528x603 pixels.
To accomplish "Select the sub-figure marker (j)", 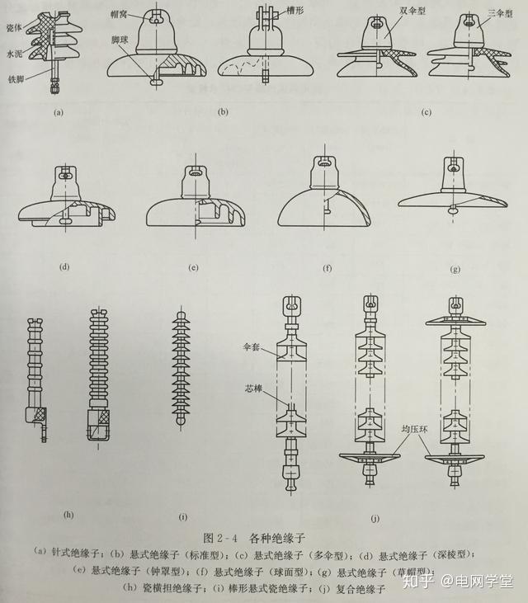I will click(x=375, y=517).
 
